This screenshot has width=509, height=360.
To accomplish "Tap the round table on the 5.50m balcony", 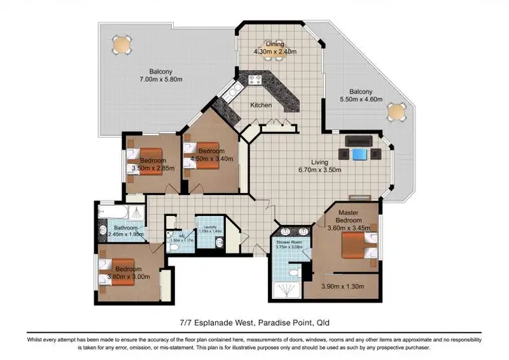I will (396, 111).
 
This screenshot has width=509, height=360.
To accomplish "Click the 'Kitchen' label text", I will (261, 105).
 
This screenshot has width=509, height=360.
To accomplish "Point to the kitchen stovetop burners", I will (256, 79).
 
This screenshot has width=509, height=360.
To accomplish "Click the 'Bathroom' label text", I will (126, 228).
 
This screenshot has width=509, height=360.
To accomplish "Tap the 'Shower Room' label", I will (288, 240).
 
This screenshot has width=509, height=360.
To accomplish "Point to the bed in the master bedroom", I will (356, 246).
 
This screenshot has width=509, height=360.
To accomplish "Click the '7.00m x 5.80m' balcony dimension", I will (162, 79).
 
